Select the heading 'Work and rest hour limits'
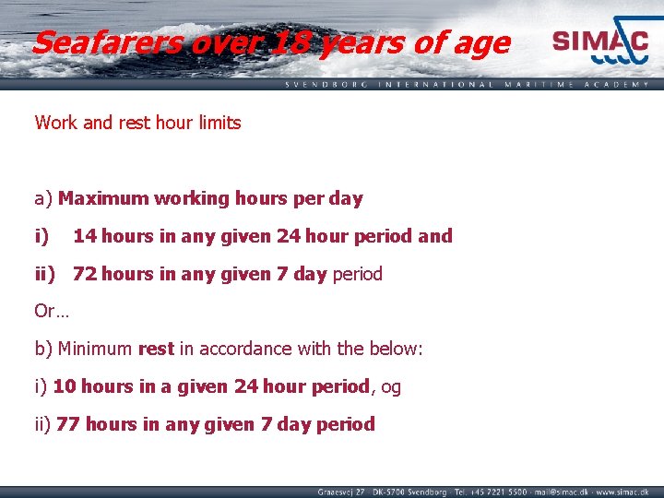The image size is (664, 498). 137,123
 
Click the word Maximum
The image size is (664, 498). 103,198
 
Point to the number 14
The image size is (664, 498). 85,236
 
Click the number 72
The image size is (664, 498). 85,274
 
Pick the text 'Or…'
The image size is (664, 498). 51,312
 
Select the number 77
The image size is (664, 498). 68,425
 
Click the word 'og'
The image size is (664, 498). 390,387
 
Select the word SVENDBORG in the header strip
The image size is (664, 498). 326,84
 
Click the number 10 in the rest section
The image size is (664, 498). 64,387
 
